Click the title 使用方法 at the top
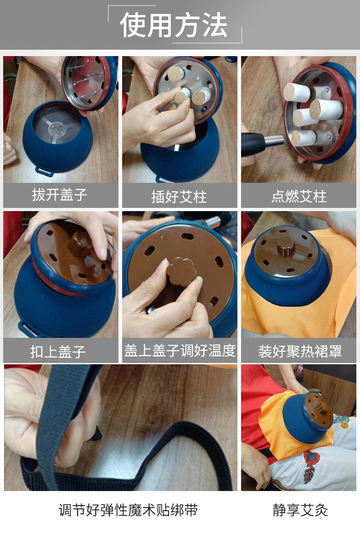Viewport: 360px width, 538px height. coord(174,25)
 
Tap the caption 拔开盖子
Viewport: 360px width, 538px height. coord(60,195)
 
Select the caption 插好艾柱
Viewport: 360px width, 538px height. coord(179,197)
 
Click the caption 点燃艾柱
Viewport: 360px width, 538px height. coord(299,196)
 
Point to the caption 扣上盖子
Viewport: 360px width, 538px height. coord(58,352)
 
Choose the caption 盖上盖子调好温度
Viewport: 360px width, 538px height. coord(180,350)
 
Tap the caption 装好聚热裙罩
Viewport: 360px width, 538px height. coord(300,352)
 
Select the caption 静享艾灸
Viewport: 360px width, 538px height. coord(300,510)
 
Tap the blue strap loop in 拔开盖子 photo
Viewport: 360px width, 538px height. coord(44,171)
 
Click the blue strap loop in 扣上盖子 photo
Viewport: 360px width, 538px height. coord(27,329)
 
